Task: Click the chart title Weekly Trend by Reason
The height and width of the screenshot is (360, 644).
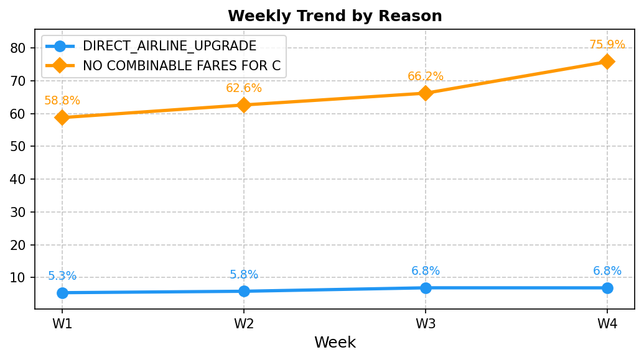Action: [x=335, y=16]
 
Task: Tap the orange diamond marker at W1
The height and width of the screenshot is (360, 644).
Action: [x=62, y=118]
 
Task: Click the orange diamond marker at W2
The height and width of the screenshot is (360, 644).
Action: [x=244, y=105]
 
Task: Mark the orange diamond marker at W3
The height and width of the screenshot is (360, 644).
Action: [x=426, y=93]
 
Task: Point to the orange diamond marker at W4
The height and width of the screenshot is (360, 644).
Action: [x=607, y=62]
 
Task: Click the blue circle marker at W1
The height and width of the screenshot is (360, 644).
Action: [x=62, y=293]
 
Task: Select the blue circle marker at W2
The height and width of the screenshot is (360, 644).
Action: [x=244, y=291]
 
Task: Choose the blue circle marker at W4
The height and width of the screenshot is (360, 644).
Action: [x=607, y=288]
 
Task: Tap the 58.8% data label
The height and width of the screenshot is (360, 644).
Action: [x=62, y=101]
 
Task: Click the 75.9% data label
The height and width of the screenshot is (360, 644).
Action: [x=607, y=44]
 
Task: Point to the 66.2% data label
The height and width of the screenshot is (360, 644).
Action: [x=426, y=76]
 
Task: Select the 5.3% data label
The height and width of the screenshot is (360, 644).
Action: [x=62, y=276]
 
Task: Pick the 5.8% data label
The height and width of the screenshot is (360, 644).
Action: [x=244, y=274]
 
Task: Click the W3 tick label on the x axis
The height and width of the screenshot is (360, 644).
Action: [x=426, y=324]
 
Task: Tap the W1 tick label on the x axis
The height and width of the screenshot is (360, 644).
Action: [x=62, y=324]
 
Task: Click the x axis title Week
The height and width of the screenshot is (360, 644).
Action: [x=335, y=343]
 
